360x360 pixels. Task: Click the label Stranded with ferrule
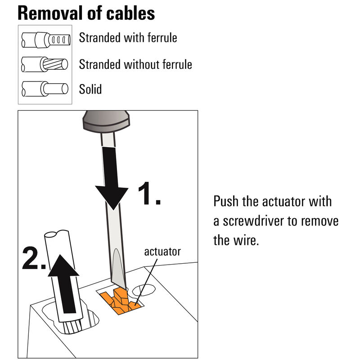(x=128, y=38)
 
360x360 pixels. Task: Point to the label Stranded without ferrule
(x=135, y=64)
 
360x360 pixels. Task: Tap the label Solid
(x=90, y=89)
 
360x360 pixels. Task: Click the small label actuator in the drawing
(x=162, y=252)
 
